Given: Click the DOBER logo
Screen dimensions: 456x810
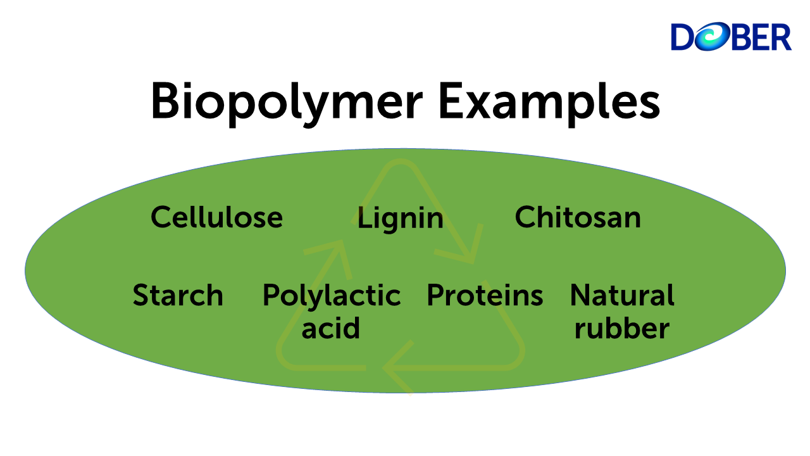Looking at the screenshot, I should [x=731, y=37].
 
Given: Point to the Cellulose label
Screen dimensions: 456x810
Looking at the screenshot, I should [x=216, y=217].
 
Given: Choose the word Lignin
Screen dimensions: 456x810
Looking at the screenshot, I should [x=400, y=218].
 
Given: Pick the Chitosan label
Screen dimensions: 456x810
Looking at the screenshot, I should [x=578, y=217].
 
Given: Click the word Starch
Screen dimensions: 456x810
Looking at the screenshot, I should [x=178, y=296].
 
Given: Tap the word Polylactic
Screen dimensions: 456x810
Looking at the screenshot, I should [x=332, y=296].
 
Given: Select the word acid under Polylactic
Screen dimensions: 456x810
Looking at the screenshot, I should [x=330, y=328].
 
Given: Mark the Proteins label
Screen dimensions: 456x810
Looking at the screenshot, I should [x=485, y=296].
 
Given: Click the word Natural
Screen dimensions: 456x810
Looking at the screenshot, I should [x=622, y=296].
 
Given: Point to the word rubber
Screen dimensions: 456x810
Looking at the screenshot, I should [x=621, y=328].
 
